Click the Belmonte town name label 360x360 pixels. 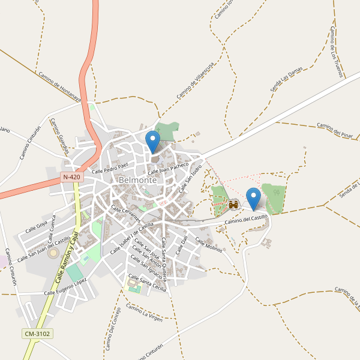[x=138, y=180]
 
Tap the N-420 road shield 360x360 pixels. [x=71, y=178]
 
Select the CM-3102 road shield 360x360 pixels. [x=37, y=334]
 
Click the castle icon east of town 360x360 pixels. [x=233, y=205]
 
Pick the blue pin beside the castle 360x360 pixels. [x=254, y=199]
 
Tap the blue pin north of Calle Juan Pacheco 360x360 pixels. [x=154, y=142]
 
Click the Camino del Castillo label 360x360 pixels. [x=246, y=221]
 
